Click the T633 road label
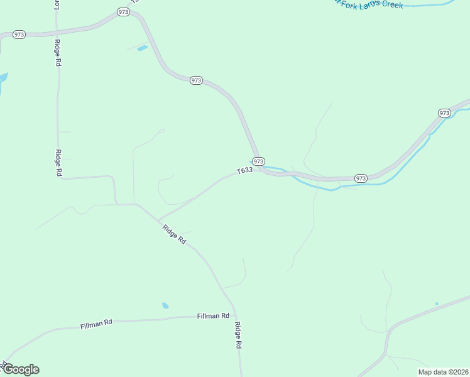[x=244, y=170]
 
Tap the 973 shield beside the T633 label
[x=259, y=161]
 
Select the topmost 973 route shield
[x=123, y=12]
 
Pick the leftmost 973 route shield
[x=19, y=35]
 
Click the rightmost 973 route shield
[x=444, y=113]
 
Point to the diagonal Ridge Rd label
[x=174, y=234]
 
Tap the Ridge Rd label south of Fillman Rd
[x=238, y=335]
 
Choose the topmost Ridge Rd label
[x=57, y=53]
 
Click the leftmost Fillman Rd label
[x=96, y=324]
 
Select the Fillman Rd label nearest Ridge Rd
[x=213, y=316]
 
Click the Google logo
[x=21, y=369]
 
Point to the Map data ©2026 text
[x=443, y=372]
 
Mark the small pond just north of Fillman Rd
[x=165, y=306]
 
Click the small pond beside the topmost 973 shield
[x=143, y=48]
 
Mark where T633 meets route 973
[x=260, y=168]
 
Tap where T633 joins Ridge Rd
[x=158, y=221]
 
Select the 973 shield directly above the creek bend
[x=360, y=178]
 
